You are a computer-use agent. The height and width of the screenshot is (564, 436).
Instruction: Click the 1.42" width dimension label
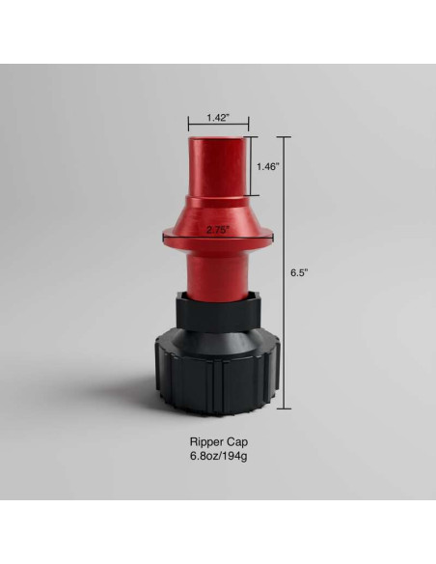point(217,118)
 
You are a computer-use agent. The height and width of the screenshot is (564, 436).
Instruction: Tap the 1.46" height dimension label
point(267,166)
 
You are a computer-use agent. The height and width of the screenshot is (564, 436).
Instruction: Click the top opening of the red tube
point(218,139)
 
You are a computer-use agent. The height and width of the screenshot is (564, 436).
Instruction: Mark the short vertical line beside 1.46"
point(253,166)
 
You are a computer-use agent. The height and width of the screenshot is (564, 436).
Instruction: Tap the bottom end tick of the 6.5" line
point(285,409)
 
